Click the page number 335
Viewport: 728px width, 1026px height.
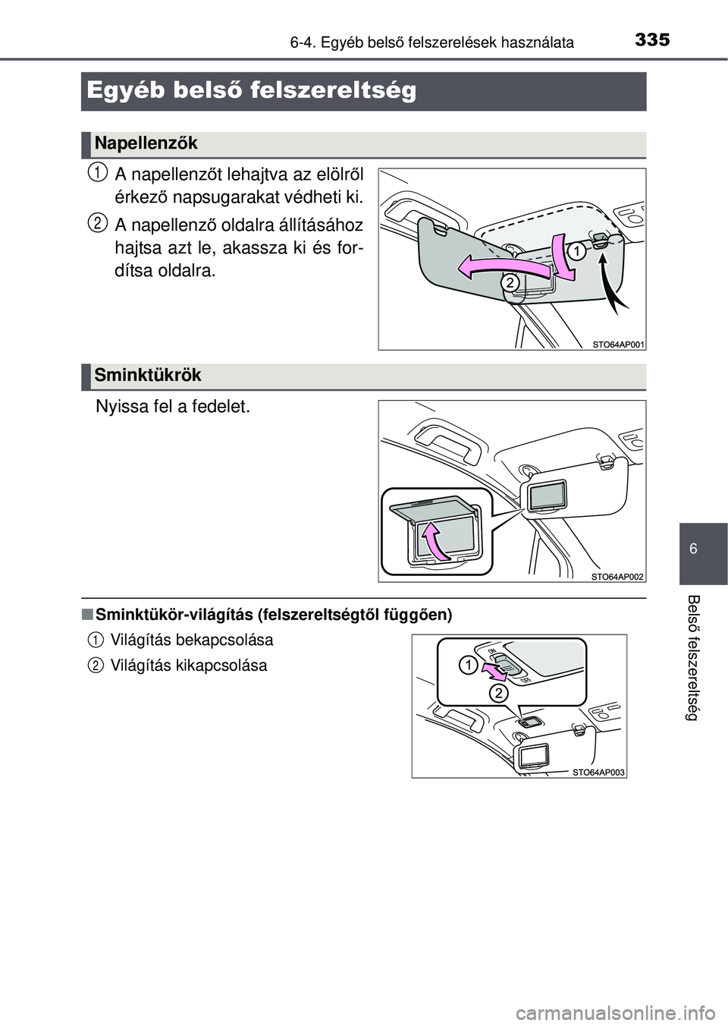pyautogui.click(x=652, y=40)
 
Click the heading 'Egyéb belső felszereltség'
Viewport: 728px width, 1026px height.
pyautogui.click(x=251, y=91)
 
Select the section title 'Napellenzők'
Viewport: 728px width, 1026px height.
pyautogui.click(x=146, y=143)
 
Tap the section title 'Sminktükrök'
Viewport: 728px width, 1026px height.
pyautogui.click(x=148, y=375)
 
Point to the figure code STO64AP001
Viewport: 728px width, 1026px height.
pyautogui.click(x=618, y=345)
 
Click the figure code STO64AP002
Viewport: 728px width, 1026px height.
pyautogui.click(x=618, y=577)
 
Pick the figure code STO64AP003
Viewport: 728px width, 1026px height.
pyautogui.click(x=598, y=773)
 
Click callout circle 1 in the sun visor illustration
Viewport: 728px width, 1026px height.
pyautogui.click(x=577, y=251)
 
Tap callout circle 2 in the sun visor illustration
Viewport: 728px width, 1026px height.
pyautogui.click(x=510, y=282)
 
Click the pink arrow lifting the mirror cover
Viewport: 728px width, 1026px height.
pyautogui.click(x=433, y=542)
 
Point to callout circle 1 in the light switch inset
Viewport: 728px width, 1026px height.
pyautogui.click(x=469, y=666)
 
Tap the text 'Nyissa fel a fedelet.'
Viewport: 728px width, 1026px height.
pyautogui.click(x=173, y=406)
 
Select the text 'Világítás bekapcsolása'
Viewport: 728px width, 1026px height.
pyautogui.click(x=192, y=640)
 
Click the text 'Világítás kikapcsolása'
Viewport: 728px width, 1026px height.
pyautogui.click(x=189, y=665)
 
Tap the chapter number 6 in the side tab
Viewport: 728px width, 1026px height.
pyautogui.click(x=694, y=548)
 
